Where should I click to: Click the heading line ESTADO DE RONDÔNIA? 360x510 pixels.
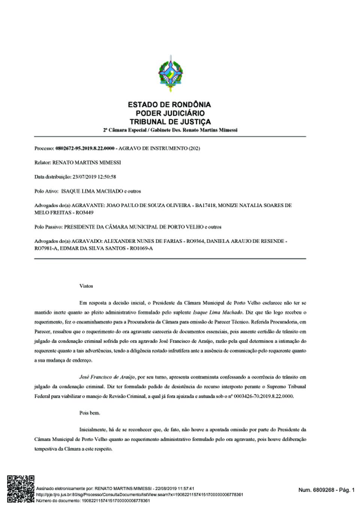click(x=169, y=105)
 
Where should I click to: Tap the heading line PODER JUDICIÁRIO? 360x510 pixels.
click(x=169, y=113)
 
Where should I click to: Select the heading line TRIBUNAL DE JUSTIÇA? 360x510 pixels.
click(x=170, y=122)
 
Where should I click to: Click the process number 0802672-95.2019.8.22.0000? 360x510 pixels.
click(x=85, y=148)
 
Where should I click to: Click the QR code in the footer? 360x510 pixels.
click(x=21, y=488)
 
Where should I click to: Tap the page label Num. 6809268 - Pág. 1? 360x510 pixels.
click(x=326, y=490)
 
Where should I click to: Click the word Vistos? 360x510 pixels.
click(x=86, y=286)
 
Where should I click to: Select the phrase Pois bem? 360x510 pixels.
click(x=90, y=413)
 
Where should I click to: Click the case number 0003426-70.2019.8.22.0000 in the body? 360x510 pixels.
click(x=262, y=396)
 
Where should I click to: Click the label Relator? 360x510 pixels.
click(x=42, y=162)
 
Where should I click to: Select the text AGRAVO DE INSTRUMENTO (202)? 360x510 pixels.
click(x=159, y=148)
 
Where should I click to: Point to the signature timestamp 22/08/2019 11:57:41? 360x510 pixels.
click(x=175, y=489)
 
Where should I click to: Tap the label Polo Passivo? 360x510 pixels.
click(x=49, y=227)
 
